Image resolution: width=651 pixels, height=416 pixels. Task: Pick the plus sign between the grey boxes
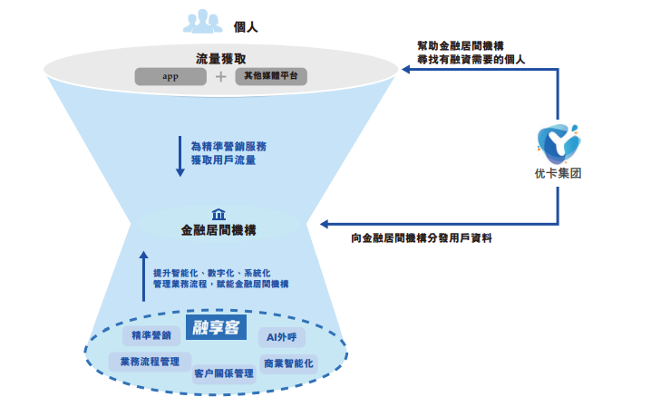[220, 77]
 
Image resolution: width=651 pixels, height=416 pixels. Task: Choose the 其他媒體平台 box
[270, 76]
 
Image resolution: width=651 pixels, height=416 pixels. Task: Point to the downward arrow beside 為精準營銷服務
[180, 156]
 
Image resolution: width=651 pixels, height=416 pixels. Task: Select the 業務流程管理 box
[150, 361]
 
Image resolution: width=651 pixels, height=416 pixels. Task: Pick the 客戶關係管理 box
[224, 372]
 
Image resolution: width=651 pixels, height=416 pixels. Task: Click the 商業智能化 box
[288, 363]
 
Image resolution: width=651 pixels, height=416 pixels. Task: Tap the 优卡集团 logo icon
[558, 140]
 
